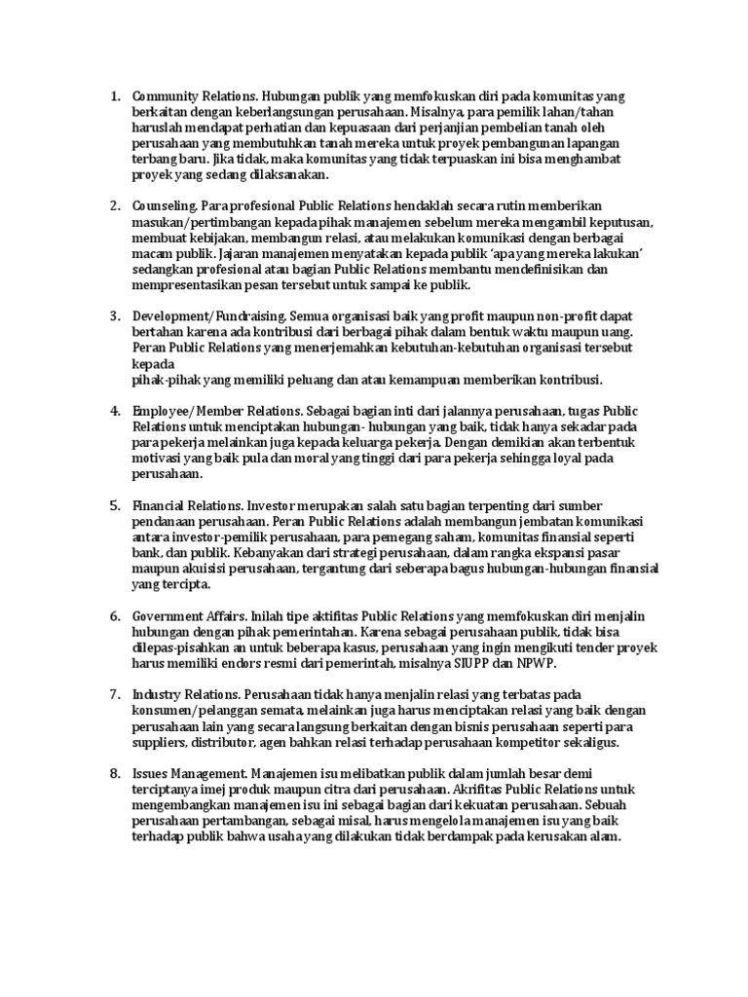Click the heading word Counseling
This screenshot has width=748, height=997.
(165, 206)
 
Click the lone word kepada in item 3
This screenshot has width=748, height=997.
(151, 364)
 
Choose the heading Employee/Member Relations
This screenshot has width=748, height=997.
(214, 410)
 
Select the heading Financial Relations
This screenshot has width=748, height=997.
(187, 505)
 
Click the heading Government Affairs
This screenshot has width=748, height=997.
(190, 616)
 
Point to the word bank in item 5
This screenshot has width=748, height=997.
(146, 552)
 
